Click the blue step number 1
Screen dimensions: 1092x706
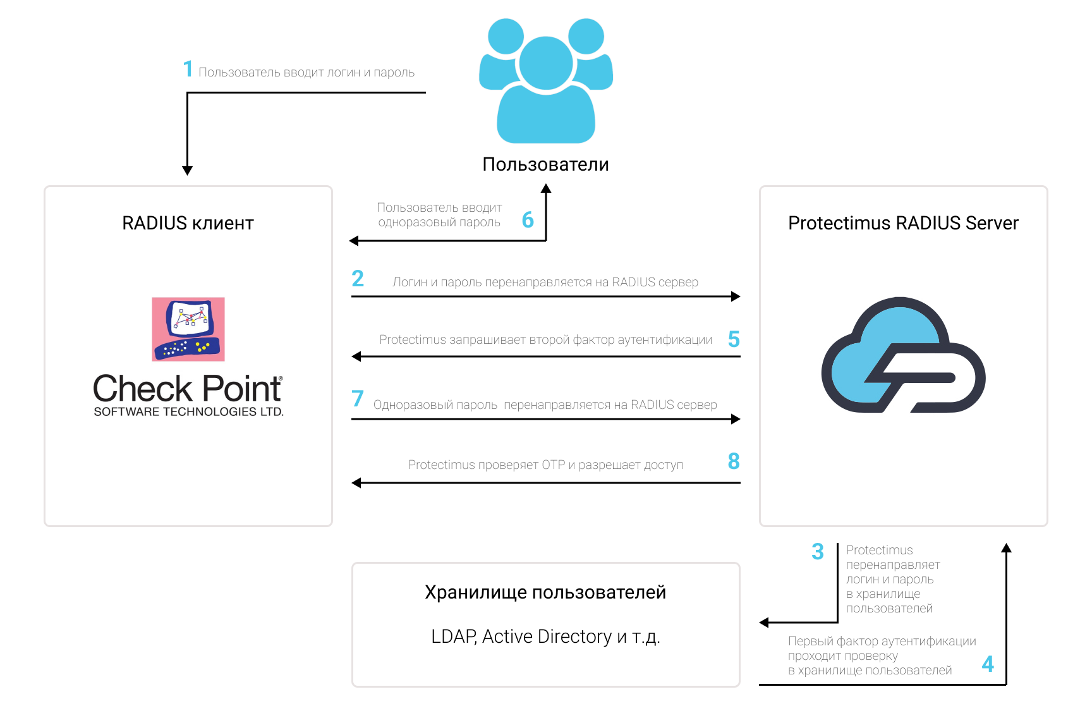click(188, 69)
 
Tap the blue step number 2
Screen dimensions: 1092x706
click(358, 278)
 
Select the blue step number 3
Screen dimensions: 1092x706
click(818, 552)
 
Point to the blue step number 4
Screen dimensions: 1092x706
click(988, 664)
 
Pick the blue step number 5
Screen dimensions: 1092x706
click(734, 339)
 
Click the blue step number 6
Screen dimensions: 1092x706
click(528, 220)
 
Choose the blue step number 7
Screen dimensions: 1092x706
click(358, 398)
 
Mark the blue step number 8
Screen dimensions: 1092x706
click(734, 461)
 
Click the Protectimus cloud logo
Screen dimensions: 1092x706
click(903, 355)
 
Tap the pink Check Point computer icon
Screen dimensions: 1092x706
click(188, 329)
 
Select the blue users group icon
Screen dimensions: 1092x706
click(546, 80)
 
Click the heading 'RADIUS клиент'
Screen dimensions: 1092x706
click(188, 223)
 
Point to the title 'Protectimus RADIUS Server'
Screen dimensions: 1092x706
click(903, 223)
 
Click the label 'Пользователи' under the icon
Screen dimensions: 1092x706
click(546, 164)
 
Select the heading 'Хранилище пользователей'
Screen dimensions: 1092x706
click(545, 593)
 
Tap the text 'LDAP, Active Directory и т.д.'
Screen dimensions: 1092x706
click(545, 636)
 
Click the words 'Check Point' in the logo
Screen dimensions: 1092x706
click(188, 388)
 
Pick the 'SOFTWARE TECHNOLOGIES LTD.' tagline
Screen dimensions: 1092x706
click(188, 411)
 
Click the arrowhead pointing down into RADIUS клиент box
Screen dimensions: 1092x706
click(187, 171)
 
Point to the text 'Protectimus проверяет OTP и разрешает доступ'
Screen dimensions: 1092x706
click(545, 465)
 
